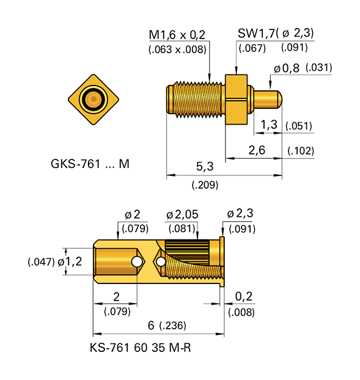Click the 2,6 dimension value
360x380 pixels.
tap(256, 150)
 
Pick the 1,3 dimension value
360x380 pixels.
tap(269, 125)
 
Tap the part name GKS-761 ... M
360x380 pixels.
tap(90, 164)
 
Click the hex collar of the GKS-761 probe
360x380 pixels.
tap(237, 98)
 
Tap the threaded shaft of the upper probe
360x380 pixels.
tap(196, 98)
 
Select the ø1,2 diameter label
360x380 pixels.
tap(70, 261)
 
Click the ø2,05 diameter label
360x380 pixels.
tap(182, 214)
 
